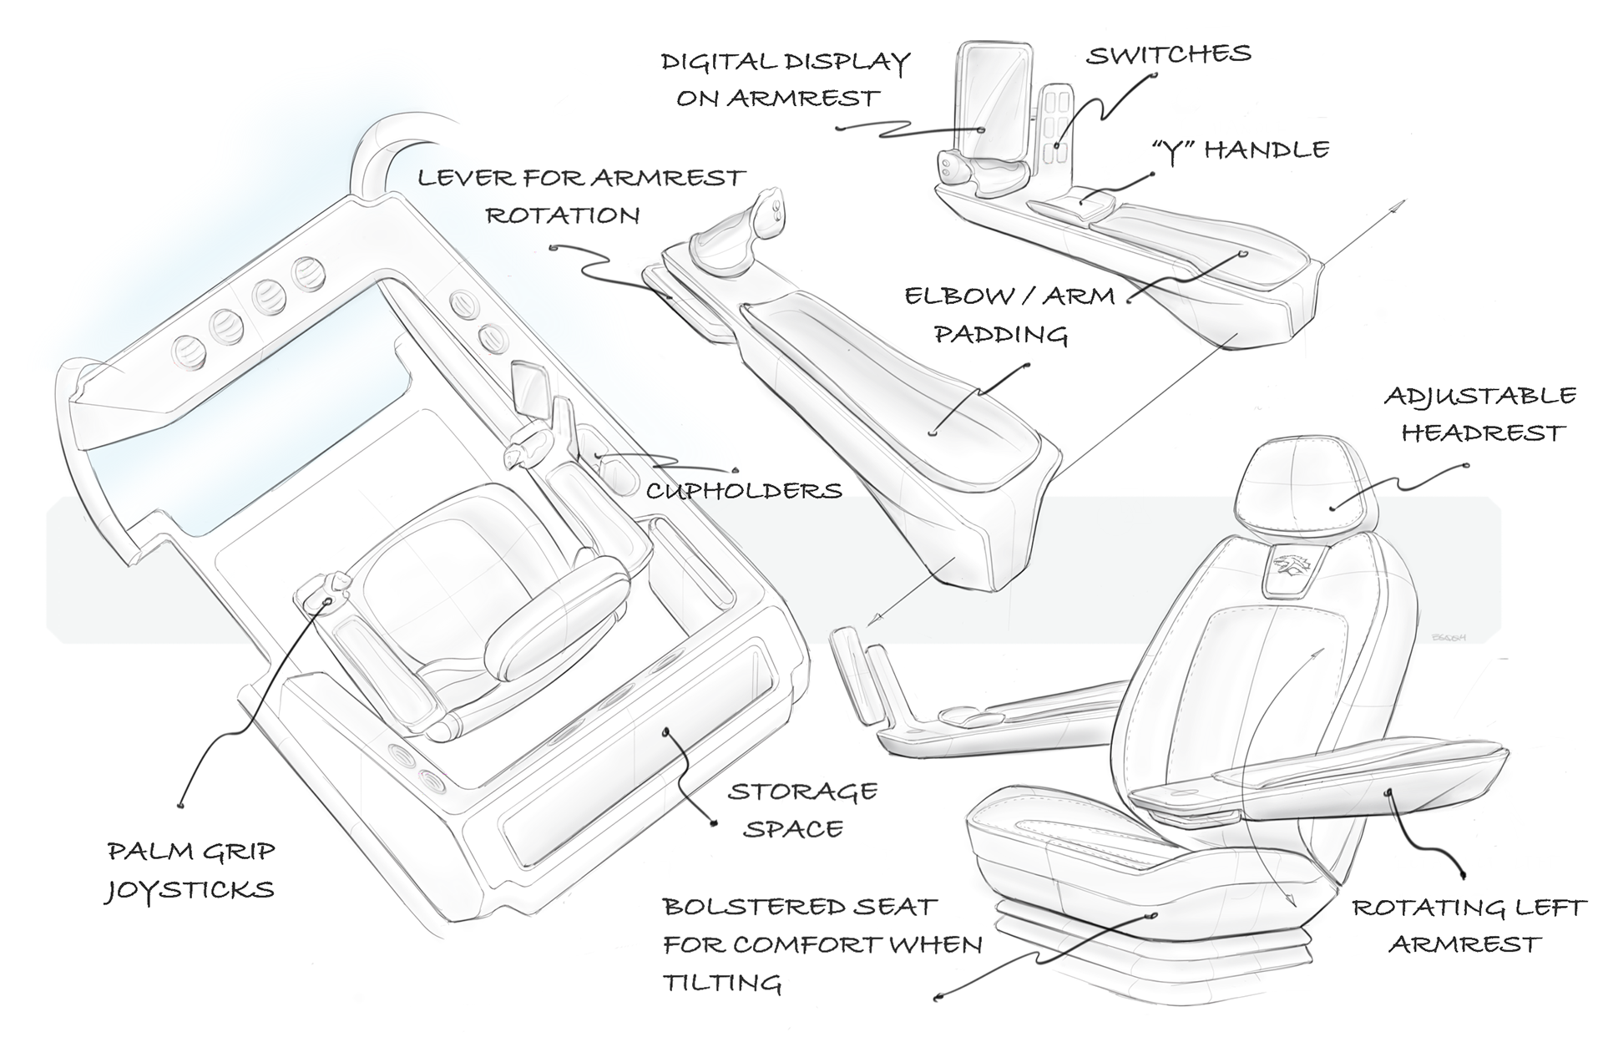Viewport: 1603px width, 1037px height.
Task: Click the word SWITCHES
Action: (x=1168, y=55)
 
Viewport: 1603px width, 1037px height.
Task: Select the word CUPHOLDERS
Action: (x=744, y=490)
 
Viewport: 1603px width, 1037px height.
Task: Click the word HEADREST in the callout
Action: (x=1483, y=433)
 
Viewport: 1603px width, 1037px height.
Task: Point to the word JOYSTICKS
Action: (x=190, y=890)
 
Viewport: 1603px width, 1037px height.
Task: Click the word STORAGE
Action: (x=802, y=791)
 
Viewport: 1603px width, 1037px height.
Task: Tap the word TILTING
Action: (x=721, y=983)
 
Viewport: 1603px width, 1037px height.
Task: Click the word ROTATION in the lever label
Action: (x=563, y=215)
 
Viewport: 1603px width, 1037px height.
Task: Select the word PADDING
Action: (x=1001, y=335)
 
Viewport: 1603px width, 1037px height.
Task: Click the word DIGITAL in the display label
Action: (x=716, y=62)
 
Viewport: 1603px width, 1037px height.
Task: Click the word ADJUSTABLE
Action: (x=1480, y=396)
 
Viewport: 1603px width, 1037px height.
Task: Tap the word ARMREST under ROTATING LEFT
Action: (x=1464, y=944)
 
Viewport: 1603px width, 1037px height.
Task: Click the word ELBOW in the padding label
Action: (x=949, y=296)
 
